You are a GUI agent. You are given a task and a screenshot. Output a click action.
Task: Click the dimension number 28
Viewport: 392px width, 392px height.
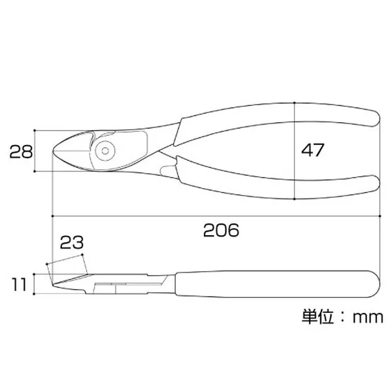pos(21,152)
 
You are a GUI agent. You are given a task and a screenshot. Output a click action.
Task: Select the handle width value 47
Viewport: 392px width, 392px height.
pos(312,150)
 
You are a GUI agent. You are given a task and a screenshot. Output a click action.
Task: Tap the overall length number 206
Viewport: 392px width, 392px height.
pos(221,230)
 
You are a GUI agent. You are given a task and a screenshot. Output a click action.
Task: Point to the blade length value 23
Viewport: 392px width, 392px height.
pos(72,242)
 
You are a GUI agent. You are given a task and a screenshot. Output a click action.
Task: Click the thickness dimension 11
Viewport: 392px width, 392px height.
pos(19,284)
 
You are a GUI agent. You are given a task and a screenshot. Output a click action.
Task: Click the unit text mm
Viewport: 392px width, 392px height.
pos(368,318)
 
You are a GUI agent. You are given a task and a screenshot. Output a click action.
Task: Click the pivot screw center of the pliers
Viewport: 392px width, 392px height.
pos(105,151)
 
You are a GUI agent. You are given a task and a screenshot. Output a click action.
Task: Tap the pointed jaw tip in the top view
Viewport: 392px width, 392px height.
pos(54,152)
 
